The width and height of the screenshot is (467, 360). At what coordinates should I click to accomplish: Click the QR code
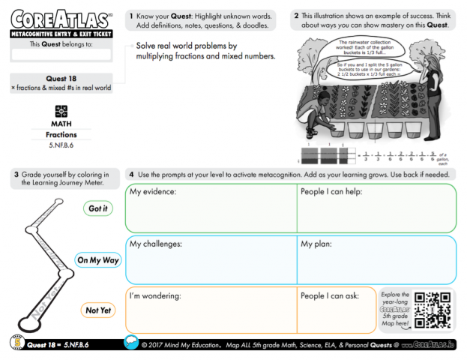434,309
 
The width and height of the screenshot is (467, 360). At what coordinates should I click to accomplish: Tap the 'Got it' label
98,208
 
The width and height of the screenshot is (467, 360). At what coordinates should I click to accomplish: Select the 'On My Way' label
97,260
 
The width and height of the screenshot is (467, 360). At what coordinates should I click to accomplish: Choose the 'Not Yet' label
98,310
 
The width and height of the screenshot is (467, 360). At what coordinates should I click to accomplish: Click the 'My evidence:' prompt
153,192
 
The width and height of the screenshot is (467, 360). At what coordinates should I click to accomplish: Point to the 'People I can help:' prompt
334,192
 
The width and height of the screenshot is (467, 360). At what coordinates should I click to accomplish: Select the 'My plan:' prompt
319,244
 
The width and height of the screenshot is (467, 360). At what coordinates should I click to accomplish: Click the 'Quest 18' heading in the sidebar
61,78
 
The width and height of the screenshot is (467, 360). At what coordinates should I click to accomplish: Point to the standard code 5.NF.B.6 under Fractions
61,145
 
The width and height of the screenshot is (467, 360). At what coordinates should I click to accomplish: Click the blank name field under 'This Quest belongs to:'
61,55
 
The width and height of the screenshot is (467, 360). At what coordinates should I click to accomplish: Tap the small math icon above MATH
61,109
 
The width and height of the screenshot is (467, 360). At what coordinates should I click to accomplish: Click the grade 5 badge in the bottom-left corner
15,343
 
